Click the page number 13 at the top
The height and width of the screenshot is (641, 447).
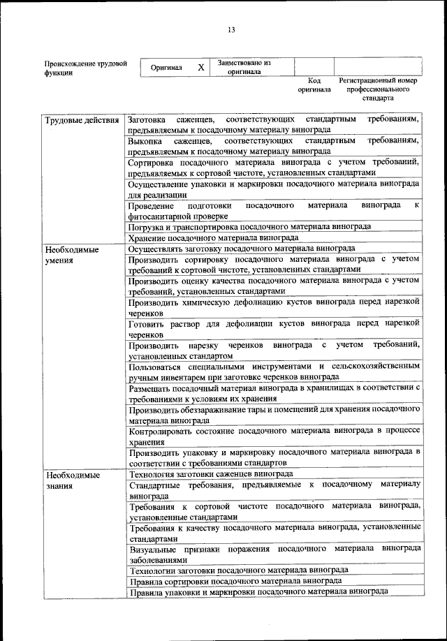click(230, 29)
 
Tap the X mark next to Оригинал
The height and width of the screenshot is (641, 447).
click(201, 68)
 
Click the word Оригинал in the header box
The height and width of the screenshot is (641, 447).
click(166, 68)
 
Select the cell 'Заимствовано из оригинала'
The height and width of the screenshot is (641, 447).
click(244, 67)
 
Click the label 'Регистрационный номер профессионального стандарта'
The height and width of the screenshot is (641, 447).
click(377, 90)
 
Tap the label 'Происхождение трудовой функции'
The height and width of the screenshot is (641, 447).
click(85, 68)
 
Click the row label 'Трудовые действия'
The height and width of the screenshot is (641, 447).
click(82, 120)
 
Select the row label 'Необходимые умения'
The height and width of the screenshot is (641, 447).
click(72, 254)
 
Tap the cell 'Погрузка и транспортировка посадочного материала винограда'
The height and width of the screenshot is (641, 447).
click(249, 227)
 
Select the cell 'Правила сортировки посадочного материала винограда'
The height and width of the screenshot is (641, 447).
click(235, 580)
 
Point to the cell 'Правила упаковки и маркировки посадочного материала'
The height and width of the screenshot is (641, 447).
click(258, 591)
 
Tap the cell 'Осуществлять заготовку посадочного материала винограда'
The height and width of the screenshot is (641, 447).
click(242, 249)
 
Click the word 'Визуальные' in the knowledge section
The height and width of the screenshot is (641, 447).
click(152, 549)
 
